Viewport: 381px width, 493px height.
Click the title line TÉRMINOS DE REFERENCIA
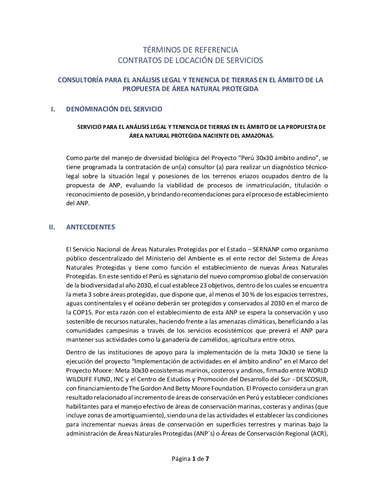[x=190, y=50]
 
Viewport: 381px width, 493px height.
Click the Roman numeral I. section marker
[x=53, y=109]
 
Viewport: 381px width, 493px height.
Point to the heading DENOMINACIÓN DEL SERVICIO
[x=114, y=109]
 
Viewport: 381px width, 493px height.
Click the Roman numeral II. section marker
[x=52, y=227]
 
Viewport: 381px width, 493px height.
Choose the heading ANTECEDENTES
[x=90, y=227]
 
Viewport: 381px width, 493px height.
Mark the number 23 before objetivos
[x=203, y=285]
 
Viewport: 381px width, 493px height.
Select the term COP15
[x=83, y=312]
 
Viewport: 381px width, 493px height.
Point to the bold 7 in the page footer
[x=207, y=459]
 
